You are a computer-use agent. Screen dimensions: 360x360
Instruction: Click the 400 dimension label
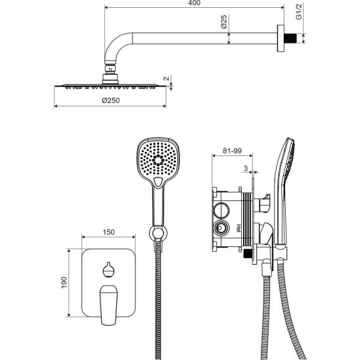(194, 3)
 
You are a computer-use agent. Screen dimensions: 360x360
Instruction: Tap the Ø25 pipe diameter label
(223, 22)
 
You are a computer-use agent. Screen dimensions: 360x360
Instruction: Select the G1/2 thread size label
(298, 12)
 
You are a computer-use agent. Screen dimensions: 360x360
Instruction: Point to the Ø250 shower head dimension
(110, 101)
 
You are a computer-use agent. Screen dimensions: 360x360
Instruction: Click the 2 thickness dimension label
(166, 79)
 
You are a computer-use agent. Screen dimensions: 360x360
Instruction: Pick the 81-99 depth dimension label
(232, 150)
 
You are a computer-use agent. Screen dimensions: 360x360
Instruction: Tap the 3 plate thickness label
(246, 168)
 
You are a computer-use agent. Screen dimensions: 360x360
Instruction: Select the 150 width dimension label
(108, 232)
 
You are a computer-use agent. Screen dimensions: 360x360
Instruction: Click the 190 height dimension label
(64, 282)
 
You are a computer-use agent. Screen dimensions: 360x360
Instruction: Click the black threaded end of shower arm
(290, 38)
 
